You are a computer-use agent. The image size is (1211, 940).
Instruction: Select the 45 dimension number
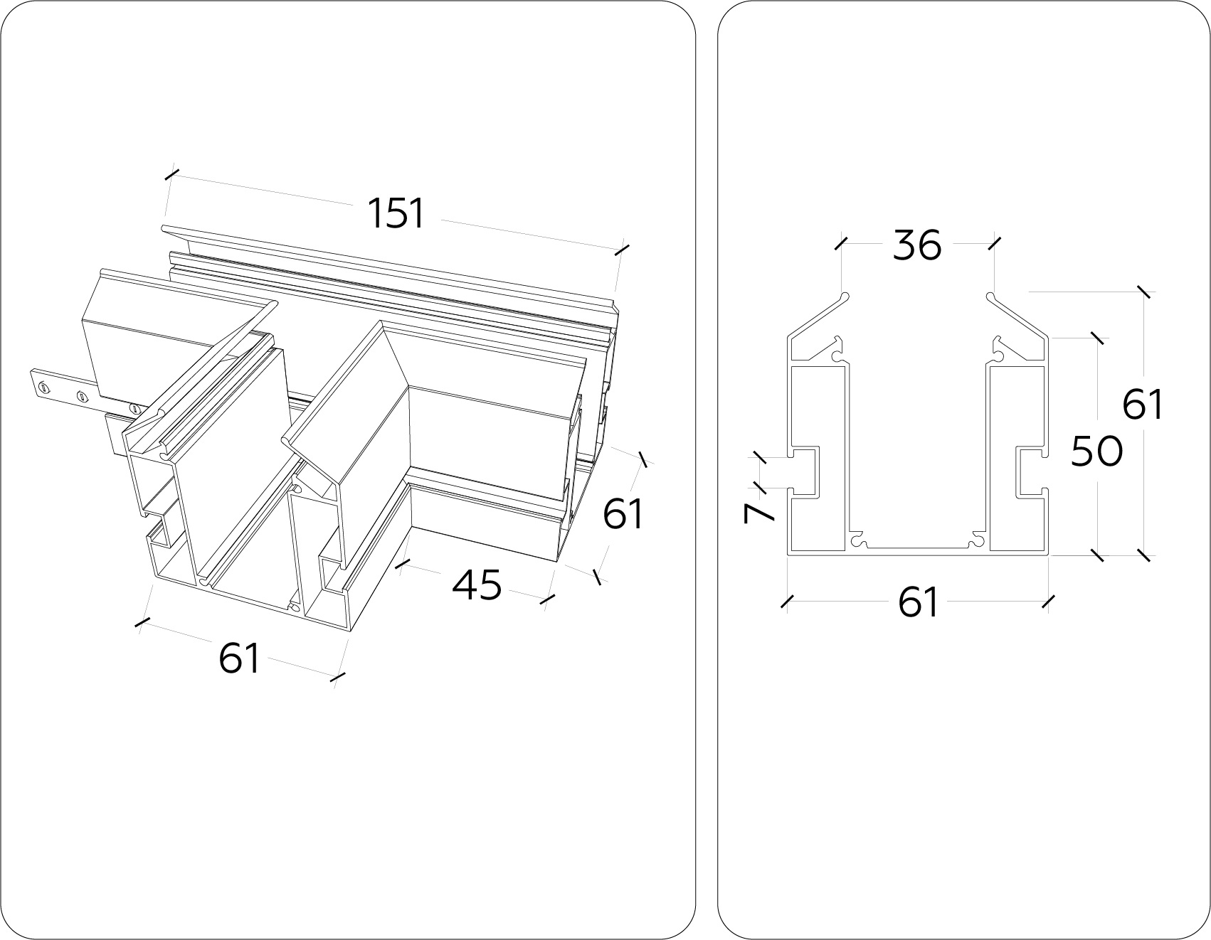pos(477,585)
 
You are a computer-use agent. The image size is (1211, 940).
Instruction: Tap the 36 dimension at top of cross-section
pos(917,245)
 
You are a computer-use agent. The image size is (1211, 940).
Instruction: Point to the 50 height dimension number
pos(1096,451)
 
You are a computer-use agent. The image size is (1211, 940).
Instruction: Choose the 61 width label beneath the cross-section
pos(918,602)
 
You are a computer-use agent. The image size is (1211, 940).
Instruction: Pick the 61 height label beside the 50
pos(1143,405)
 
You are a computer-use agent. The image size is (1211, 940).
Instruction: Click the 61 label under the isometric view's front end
pos(239,657)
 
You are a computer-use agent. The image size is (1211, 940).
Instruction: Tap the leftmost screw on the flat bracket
pos(45,387)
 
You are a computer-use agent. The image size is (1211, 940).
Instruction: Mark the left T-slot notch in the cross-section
pos(804,470)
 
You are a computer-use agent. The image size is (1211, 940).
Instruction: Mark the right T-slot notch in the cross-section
pos(1030,471)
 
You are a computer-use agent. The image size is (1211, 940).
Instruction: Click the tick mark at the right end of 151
pos(622,249)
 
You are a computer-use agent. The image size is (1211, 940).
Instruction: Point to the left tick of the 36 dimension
pos(841,243)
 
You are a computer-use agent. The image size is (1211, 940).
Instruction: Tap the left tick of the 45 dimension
pos(403,564)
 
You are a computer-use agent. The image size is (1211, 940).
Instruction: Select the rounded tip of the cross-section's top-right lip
pos(990,295)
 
